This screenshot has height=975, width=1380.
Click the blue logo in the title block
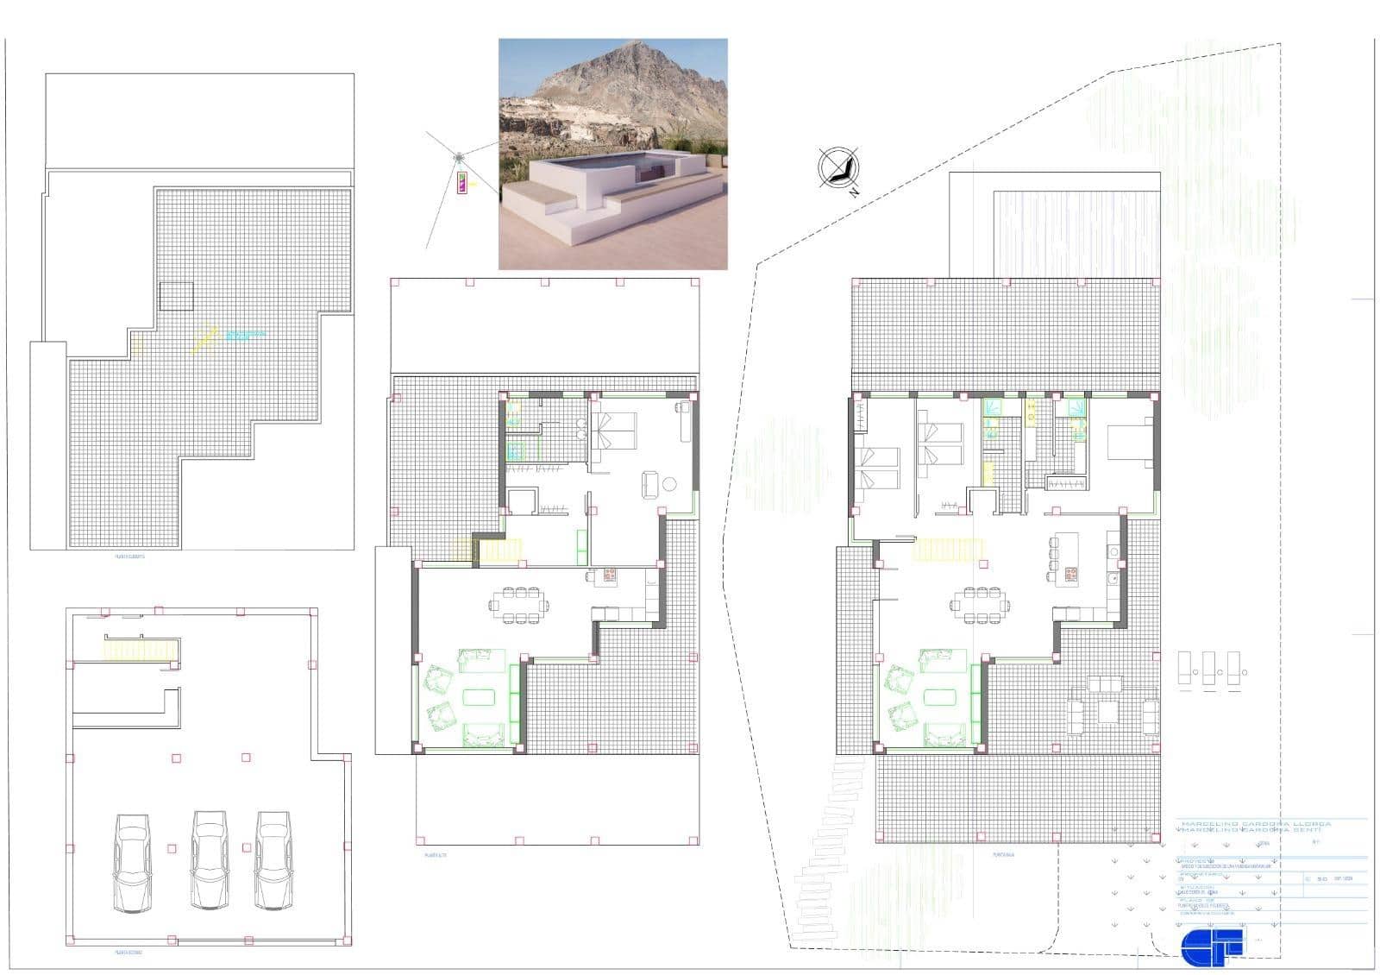pyautogui.click(x=1212, y=943)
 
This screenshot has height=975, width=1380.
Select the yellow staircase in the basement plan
pyautogui.click(x=140, y=648)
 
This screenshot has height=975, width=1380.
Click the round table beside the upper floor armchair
pyautogui.click(x=669, y=484)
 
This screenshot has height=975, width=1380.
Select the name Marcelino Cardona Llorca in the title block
pyautogui.click(x=1255, y=824)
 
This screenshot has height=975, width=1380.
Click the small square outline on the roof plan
pyautogui.click(x=177, y=297)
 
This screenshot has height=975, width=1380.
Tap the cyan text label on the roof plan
pyautogui.click(x=245, y=335)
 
